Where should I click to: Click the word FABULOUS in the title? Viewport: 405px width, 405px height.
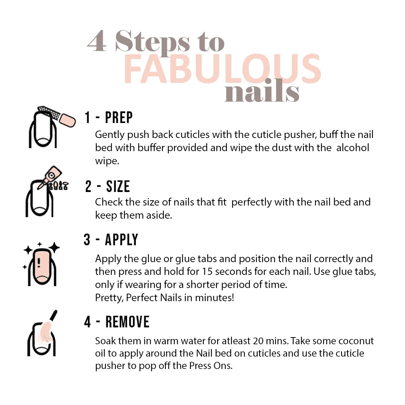222,69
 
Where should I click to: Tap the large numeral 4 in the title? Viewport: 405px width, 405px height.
97,42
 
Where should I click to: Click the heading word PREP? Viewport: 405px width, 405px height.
119,118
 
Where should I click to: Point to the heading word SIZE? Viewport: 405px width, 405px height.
118,186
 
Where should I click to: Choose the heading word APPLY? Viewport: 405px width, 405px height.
121,240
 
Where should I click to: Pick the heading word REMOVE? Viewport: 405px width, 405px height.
127,322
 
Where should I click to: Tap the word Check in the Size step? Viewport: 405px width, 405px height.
108,202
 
